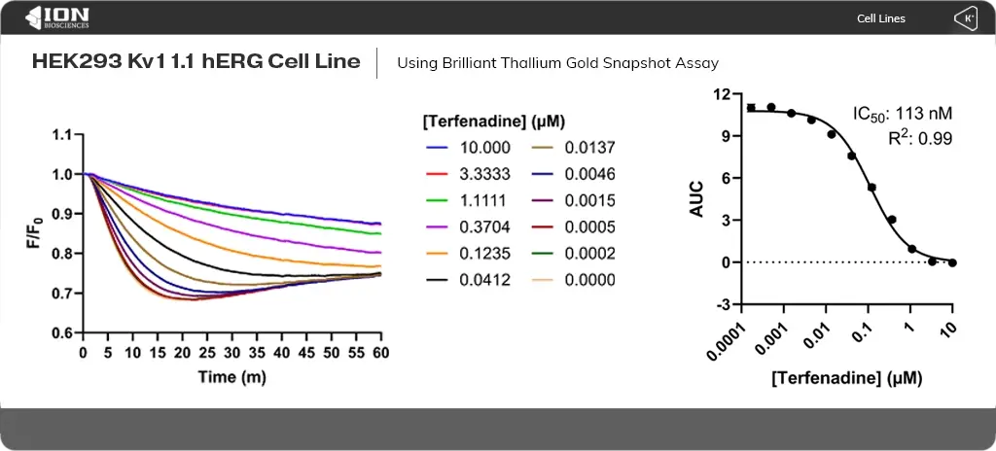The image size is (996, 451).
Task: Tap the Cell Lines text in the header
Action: click(x=880, y=18)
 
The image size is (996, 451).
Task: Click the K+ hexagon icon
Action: click(x=966, y=18)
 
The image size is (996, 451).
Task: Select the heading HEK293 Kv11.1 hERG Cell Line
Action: click(x=196, y=62)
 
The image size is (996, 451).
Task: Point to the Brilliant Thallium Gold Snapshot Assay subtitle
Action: click(x=557, y=63)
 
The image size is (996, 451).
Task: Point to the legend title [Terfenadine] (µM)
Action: click(x=495, y=121)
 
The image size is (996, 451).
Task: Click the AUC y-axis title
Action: click(x=696, y=198)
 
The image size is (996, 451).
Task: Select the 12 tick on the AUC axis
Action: click(x=721, y=94)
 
